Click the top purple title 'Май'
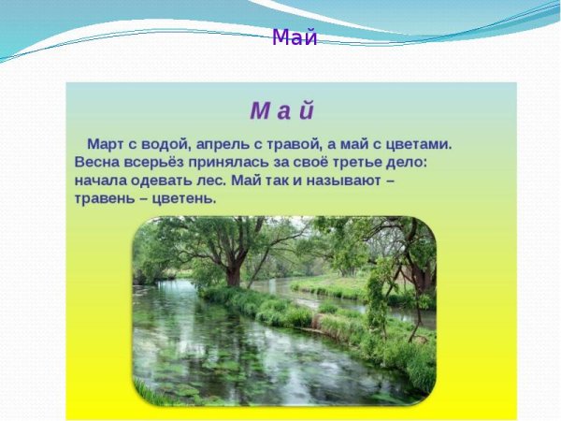coord(295,38)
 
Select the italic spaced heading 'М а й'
coord(281,110)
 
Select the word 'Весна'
coord(97,162)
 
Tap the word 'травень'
coord(106,198)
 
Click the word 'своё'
coord(306,162)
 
